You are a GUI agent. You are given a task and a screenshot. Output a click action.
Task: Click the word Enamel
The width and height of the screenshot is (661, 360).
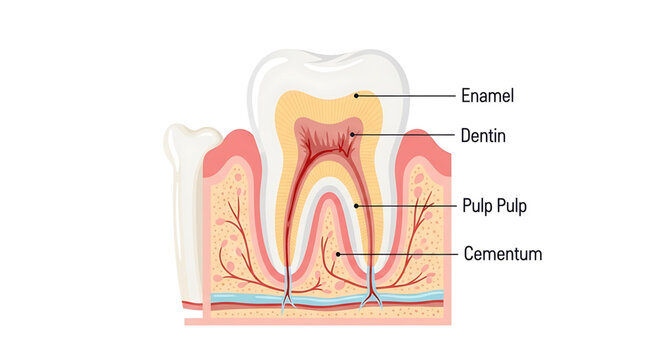[x=487, y=97]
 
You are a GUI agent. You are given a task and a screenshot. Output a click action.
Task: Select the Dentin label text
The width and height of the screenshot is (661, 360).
[x=484, y=134]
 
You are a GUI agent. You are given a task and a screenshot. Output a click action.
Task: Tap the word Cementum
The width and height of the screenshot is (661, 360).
[x=503, y=254]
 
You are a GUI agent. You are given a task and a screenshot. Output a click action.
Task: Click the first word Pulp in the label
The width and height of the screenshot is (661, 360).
[x=478, y=207]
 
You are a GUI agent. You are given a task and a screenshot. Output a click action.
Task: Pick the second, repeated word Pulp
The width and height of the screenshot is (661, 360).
[x=513, y=207]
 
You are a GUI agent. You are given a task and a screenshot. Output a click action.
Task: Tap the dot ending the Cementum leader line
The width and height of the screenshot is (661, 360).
[x=339, y=254]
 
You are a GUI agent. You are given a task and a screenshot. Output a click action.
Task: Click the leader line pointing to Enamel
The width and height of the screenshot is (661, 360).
[x=405, y=97]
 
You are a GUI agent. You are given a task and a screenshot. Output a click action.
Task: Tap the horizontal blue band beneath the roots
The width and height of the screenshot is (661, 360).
[x=320, y=298]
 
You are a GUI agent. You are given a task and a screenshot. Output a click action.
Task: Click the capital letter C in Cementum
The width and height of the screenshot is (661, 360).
[x=469, y=254]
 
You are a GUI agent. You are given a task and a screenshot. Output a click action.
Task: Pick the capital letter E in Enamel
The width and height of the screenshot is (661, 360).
[x=465, y=97]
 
